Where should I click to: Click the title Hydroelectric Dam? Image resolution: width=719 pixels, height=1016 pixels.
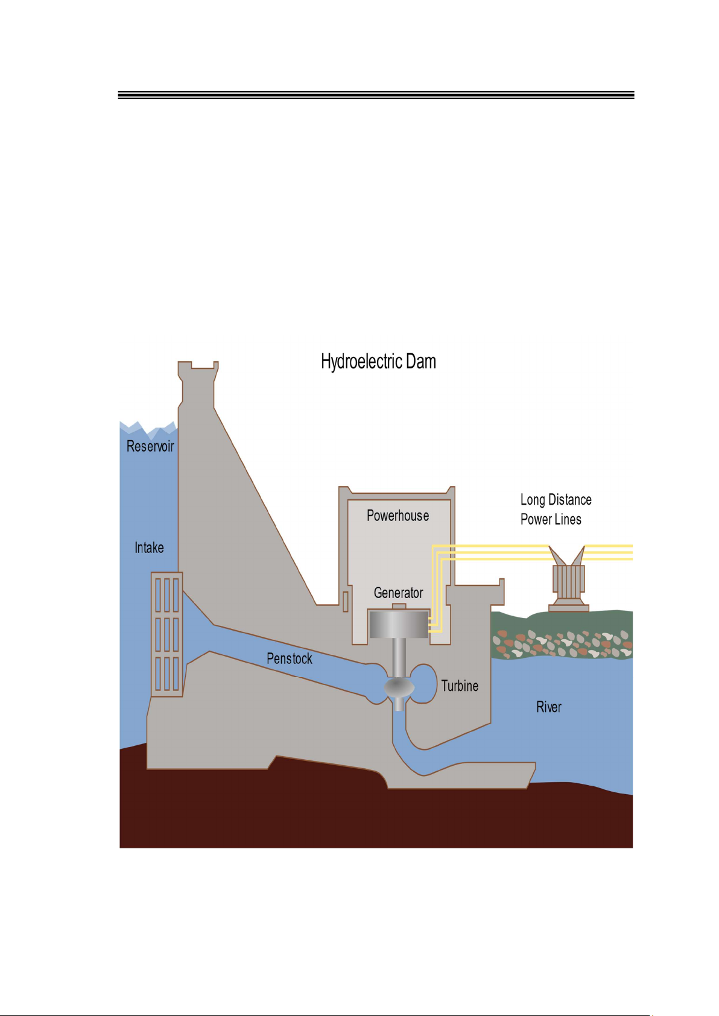378,362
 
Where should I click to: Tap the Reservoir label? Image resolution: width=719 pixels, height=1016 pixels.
150,446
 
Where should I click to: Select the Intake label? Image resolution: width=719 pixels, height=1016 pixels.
149,547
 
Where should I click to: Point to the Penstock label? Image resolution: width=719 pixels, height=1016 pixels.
290,658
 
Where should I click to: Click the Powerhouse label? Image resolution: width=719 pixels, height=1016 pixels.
398,516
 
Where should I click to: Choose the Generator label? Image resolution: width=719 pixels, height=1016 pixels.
398,592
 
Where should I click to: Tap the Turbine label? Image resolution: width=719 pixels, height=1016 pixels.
460,686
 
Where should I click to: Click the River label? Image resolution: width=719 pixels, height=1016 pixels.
549,707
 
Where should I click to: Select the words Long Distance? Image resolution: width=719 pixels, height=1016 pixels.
556,499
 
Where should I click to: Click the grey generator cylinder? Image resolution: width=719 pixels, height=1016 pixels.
399,625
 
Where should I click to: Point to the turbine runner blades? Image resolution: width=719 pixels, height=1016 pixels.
399,687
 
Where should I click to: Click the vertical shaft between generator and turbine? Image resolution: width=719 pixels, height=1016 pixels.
399,658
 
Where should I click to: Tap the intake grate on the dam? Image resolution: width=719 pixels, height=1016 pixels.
167,634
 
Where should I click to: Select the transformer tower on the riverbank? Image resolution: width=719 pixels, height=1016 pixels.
568,579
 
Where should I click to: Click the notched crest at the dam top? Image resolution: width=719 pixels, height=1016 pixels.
198,365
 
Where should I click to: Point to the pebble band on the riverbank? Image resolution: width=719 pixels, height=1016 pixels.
562,643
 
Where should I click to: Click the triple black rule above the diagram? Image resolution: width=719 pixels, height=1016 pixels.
376,95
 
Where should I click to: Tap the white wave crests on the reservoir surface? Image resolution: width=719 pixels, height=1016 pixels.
148,429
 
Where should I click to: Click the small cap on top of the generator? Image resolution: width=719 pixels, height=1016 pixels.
399,607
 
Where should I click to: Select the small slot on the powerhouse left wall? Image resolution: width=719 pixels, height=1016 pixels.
346,601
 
